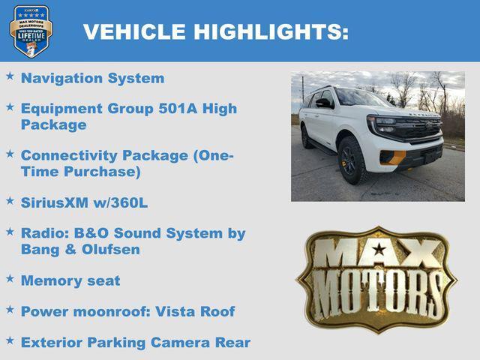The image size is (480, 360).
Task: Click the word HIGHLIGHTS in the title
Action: point(270,31)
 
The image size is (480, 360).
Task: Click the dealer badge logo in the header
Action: point(31,31)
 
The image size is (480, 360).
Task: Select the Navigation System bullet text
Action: point(92,78)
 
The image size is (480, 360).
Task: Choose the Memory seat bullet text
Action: point(70,280)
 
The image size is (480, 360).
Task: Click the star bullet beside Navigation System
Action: point(10,76)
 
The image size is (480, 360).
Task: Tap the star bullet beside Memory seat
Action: point(10,279)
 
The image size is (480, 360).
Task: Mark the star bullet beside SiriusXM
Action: point(10,201)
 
